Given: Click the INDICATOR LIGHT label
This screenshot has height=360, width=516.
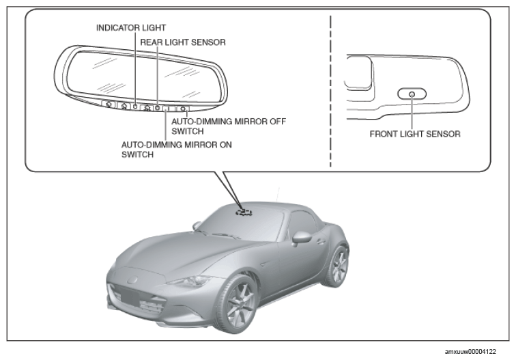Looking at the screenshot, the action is point(131,28).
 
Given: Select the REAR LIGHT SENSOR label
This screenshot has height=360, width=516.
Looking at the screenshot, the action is point(183,42).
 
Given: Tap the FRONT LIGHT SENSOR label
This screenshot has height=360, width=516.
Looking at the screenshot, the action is point(415,134).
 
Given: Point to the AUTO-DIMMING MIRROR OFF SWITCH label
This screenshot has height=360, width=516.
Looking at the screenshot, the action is point(229,126).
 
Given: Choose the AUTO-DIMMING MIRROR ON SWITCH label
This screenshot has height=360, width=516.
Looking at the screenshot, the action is point(177,150).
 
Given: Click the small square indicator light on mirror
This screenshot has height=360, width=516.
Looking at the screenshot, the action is point(135,106).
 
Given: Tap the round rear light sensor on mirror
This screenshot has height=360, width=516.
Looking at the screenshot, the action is point(158,107).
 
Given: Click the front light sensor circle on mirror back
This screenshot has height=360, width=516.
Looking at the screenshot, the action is point(412,94).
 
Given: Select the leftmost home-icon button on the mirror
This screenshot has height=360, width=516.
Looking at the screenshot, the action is point(109,104).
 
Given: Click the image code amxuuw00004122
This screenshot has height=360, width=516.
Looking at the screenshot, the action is point(470,352).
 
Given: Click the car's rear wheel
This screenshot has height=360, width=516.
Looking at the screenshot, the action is point(337,266).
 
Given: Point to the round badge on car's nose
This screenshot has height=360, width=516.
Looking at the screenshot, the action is point(132,280).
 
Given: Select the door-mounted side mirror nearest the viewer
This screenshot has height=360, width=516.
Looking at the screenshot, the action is point(301,238).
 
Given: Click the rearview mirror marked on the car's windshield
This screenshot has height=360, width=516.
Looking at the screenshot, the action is point(244,212).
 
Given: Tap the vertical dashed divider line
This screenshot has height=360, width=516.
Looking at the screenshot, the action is point(330,91).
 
